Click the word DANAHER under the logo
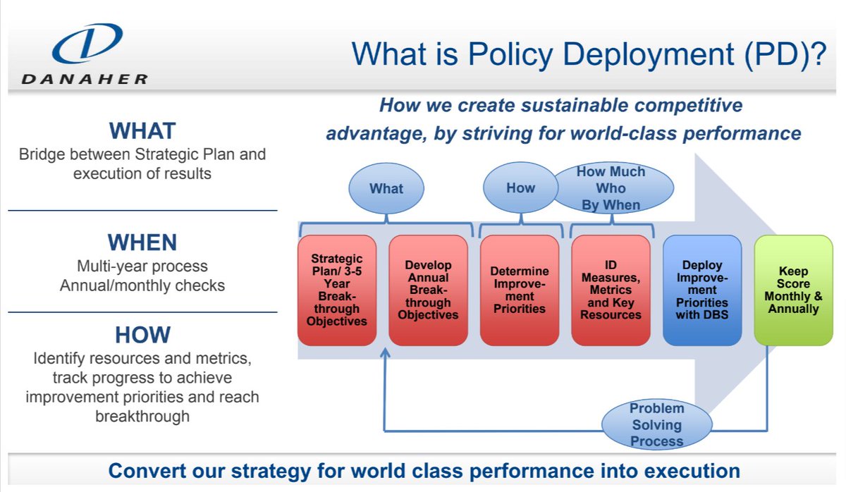[85, 80]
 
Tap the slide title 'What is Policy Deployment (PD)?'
[589, 54]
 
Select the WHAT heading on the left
[142, 130]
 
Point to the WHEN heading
[142, 242]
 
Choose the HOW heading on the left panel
[142, 334]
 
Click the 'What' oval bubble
[386, 188]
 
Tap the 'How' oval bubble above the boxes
[520, 188]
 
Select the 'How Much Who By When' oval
[611, 188]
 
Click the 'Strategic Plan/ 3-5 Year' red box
[337, 290]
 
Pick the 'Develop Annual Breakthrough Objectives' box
[428, 290]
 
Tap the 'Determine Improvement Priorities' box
[519, 290]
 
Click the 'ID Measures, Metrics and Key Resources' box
[611, 290]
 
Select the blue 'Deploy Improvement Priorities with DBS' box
[702, 290]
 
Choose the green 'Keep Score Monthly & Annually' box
[793, 290]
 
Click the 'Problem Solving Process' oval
[656, 425]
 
